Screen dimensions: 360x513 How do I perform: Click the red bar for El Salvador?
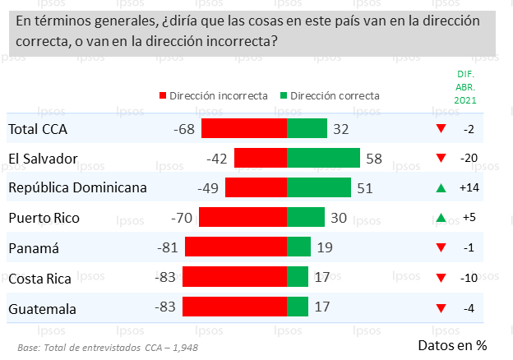click(261, 158)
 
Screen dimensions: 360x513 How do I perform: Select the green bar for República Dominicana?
click(319, 187)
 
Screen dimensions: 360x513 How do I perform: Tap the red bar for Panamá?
click(236, 247)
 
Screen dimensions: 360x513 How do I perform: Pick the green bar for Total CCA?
click(307, 128)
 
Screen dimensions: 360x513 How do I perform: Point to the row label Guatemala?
click(43, 308)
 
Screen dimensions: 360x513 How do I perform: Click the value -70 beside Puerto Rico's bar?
click(183, 218)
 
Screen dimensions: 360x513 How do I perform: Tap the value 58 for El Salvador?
click(373, 158)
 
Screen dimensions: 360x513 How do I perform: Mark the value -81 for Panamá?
click(169, 247)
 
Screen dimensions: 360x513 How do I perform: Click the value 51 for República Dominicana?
click(364, 187)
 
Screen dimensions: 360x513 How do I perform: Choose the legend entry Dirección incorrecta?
click(213, 95)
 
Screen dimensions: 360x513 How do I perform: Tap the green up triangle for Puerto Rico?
click(441, 218)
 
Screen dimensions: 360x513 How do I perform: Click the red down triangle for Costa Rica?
click(441, 278)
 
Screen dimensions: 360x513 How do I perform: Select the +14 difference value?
click(469, 188)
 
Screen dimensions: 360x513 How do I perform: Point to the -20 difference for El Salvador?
click(469, 158)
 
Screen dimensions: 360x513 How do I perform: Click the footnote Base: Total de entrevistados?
click(107, 347)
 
